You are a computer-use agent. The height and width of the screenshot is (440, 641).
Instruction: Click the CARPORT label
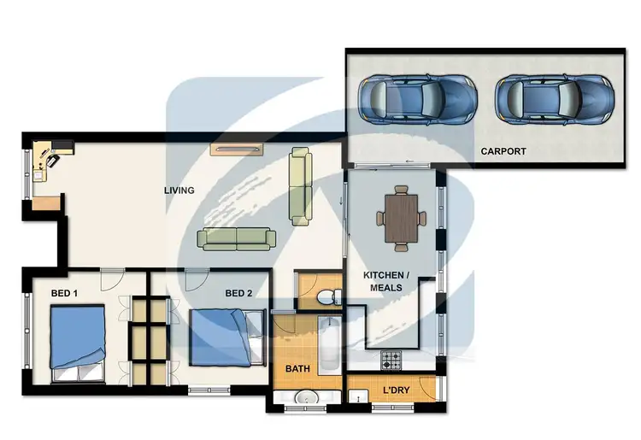(503, 151)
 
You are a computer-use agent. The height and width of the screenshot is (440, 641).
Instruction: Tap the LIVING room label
(179, 191)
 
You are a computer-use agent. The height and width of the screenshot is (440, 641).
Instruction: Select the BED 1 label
(64, 294)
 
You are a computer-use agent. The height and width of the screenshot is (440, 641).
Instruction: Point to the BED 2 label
(238, 294)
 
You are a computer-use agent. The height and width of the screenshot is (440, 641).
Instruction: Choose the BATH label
(297, 370)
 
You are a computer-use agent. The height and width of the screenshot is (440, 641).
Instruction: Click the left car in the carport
(416, 97)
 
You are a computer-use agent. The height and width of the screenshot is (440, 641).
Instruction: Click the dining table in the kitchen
(402, 218)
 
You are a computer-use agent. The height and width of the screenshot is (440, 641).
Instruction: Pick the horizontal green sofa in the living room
(235, 237)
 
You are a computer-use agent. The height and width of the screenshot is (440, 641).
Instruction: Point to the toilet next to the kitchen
(326, 296)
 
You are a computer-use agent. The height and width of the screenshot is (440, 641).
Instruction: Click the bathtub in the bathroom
(330, 346)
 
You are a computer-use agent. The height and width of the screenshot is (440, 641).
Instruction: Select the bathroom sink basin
(306, 398)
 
